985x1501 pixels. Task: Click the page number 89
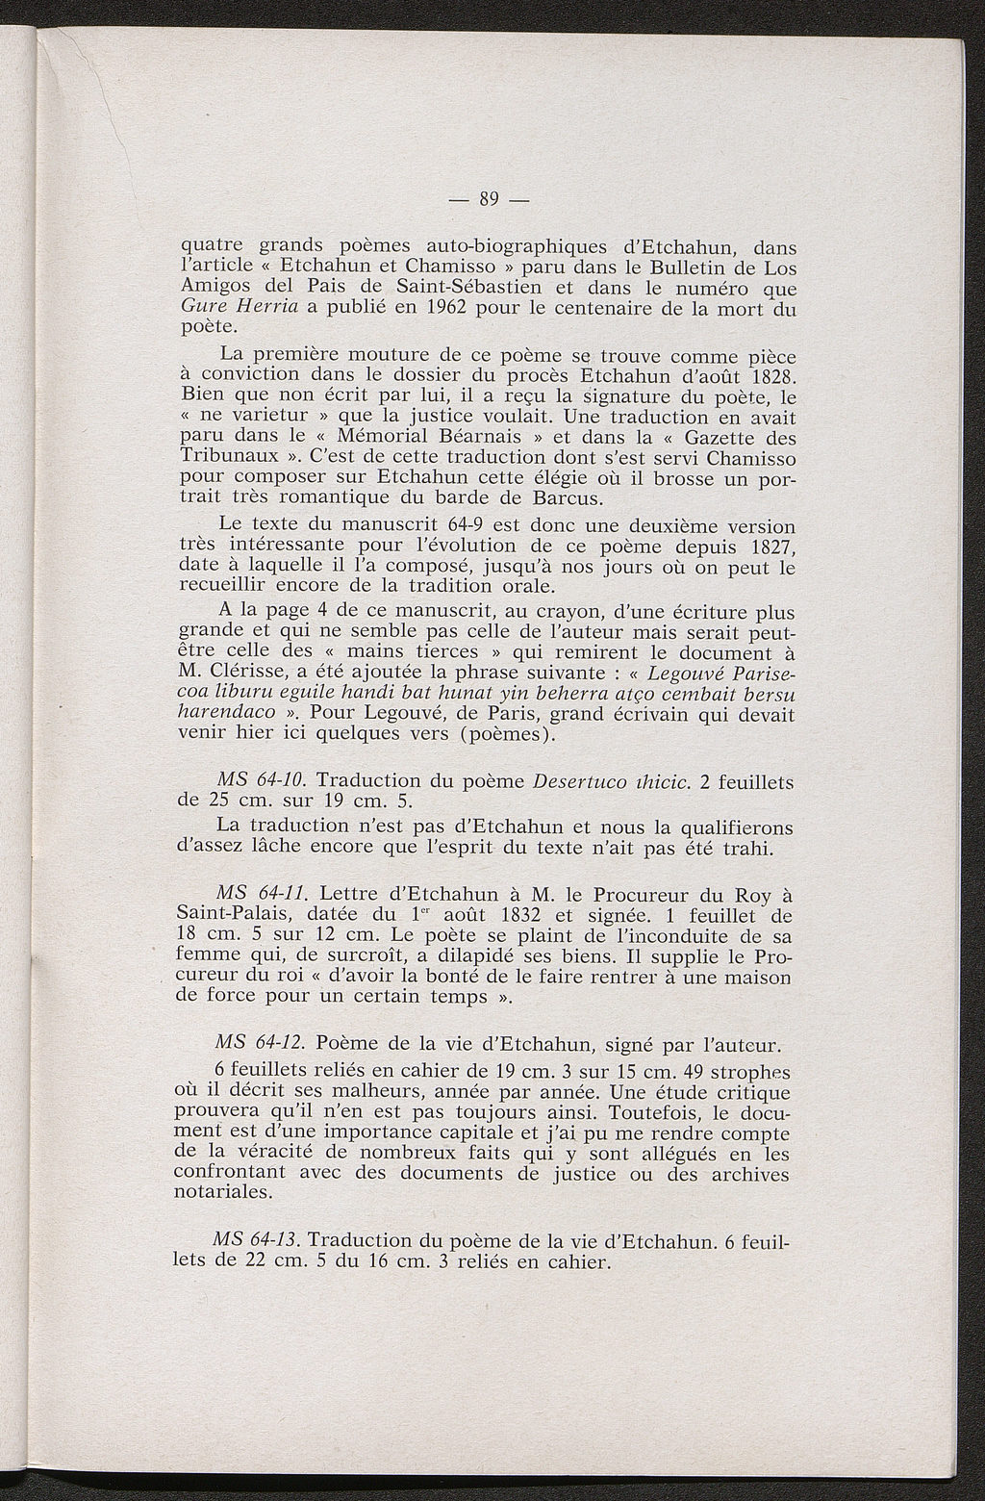click(491, 199)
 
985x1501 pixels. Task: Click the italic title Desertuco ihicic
click(611, 780)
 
